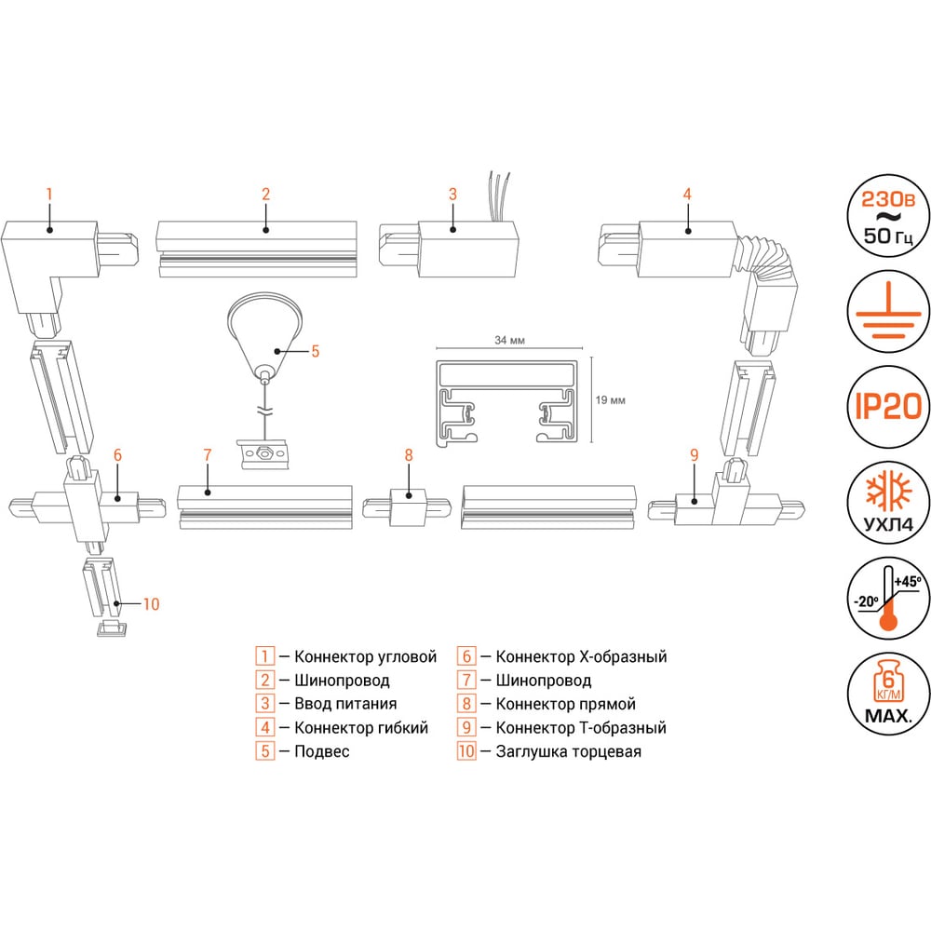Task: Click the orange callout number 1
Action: click(x=49, y=195)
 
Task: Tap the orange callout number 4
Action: click(x=687, y=195)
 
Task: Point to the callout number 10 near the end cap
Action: click(x=152, y=604)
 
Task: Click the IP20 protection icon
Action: click(x=887, y=407)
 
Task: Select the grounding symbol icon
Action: click(x=887, y=311)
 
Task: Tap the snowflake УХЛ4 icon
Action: click(x=887, y=503)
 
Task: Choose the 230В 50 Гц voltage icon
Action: click(x=887, y=216)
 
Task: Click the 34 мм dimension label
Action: click(x=509, y=340)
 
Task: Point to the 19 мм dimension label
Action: click(x=611, y=400)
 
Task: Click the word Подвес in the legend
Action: click(x=322, y=751)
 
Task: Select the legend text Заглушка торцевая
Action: click(x=568, y=751)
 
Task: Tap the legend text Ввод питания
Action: click(x=345, y=704)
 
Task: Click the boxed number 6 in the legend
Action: click(x=466, y=656)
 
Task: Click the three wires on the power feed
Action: click(x=499, y=196)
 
